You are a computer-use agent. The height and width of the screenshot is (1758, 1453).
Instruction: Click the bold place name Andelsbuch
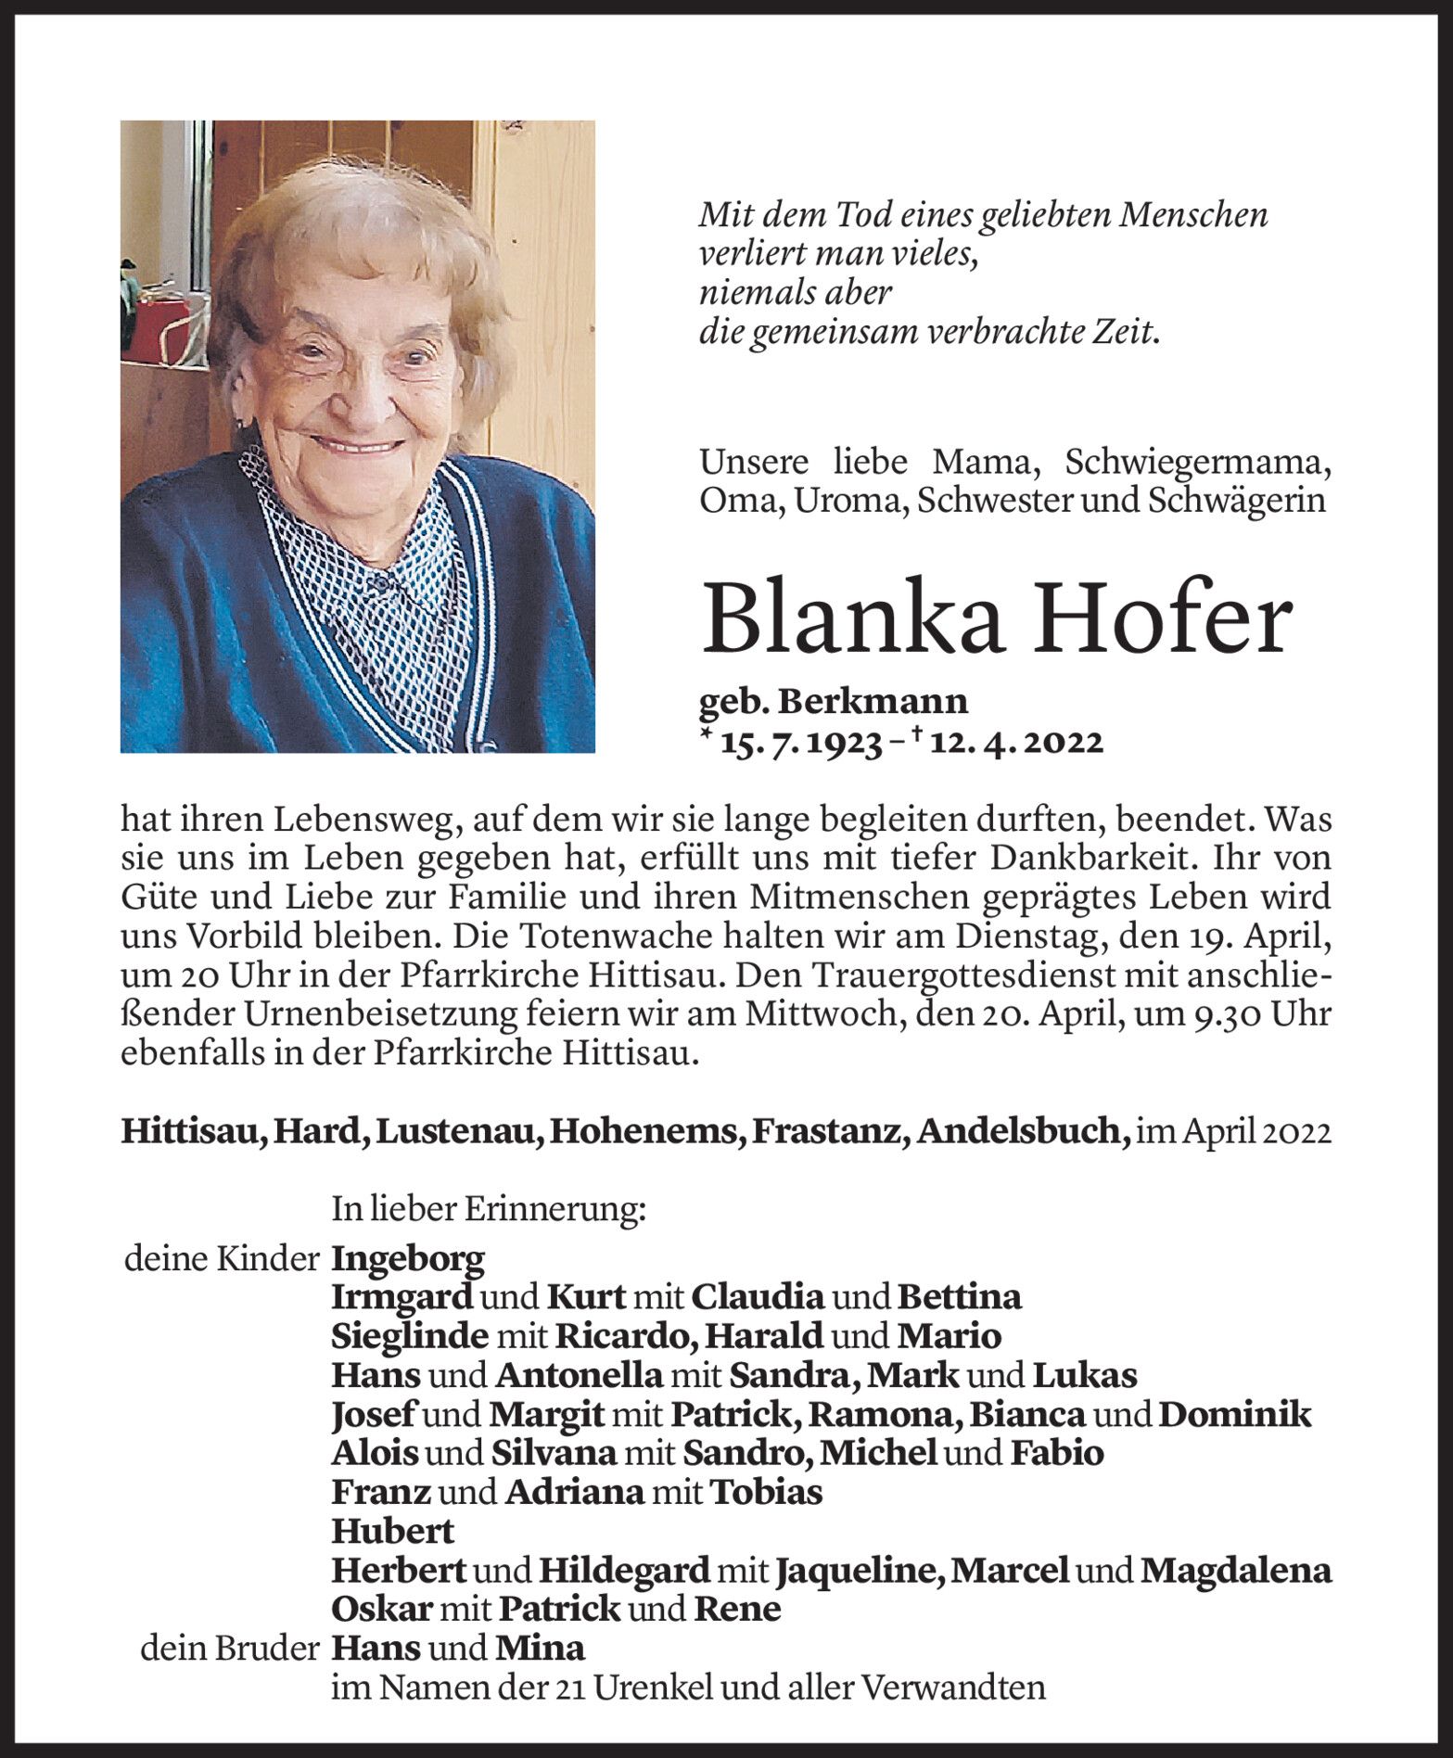[1018, 1132]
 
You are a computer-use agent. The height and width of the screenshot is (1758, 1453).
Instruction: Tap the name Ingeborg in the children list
[408, 1258]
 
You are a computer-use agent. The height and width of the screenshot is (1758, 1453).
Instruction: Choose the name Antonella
[579, 1374]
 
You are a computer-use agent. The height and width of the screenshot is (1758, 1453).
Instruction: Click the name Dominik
[1236, 1414]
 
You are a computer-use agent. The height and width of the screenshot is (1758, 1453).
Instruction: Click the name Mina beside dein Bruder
[541, 1648]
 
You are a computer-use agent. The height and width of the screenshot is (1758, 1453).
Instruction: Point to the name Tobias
[766, 1492]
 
